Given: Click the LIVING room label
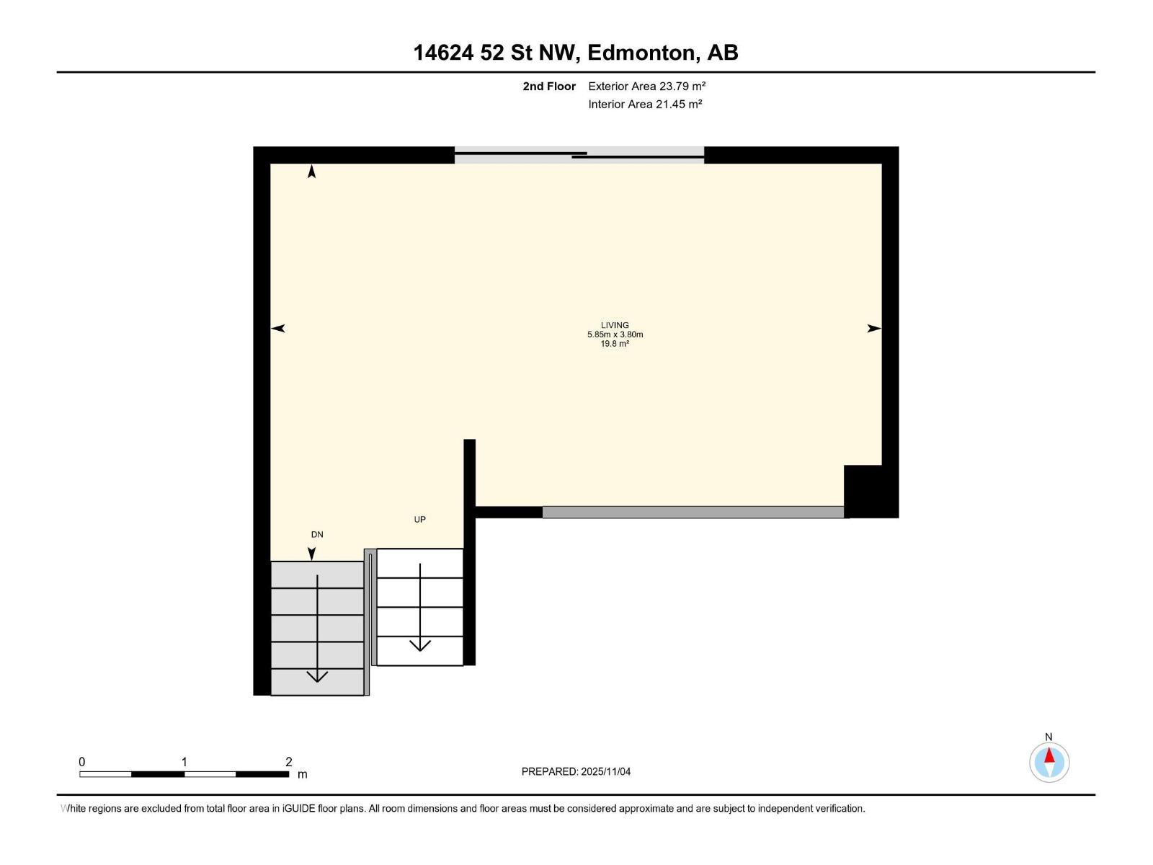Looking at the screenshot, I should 615,325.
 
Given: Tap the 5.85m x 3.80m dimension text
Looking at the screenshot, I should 615,334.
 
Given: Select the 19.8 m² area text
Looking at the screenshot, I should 615,344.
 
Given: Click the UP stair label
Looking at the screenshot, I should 419,519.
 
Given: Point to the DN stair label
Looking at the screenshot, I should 317,534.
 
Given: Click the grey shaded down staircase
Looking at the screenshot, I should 317,628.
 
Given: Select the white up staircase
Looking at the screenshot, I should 419,607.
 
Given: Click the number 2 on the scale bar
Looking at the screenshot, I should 288,762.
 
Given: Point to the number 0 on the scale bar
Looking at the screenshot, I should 82,762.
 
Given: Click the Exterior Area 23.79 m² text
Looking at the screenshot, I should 646,86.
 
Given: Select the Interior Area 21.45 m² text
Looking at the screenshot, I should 645,104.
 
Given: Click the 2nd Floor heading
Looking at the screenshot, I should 549,86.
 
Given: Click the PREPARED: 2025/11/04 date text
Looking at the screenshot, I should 576,771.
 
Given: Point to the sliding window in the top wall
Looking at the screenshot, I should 579,155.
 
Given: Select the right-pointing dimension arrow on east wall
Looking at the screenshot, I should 873,329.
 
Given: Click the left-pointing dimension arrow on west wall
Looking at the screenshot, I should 278,329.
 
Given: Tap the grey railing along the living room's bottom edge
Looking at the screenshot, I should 693,513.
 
